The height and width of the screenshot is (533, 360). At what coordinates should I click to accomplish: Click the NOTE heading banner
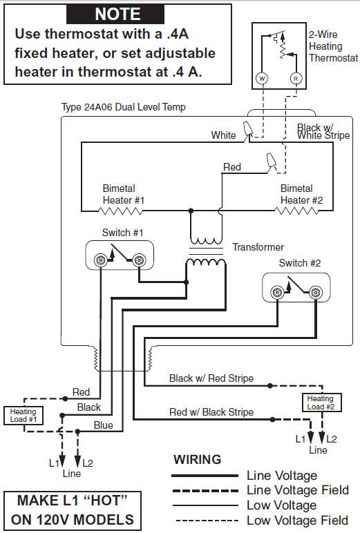[115, 14]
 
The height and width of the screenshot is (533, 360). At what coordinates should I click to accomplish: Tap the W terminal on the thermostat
[262, 79]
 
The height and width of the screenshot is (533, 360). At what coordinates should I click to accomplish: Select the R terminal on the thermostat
[296, 79]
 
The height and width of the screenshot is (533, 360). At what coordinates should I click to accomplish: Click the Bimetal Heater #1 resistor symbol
[120, 211]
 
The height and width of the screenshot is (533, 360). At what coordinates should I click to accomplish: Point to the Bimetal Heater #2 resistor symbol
[296, 211]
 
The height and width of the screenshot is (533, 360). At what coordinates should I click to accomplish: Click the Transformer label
[258, 247]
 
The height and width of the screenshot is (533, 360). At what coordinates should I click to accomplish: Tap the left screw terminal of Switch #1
[100, 260]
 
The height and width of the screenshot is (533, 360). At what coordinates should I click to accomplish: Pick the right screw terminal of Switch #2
[316, 292]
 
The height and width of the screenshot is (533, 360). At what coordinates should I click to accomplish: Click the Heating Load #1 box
[23, 415]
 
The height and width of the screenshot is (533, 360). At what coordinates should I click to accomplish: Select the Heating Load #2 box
[321, 403]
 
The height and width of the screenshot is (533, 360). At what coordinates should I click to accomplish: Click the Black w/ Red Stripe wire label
[211, 378]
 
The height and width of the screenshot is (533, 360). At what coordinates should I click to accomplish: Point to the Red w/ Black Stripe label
[211, 412]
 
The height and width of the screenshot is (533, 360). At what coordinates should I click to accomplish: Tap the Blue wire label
[104, 425]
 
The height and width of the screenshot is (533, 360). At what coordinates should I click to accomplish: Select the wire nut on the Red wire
[271, 161]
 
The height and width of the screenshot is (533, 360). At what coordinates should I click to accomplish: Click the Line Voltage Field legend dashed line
[205, 490]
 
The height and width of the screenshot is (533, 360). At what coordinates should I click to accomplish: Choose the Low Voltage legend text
[282, 505]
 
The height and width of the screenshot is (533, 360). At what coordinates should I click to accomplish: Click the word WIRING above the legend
[198, 459]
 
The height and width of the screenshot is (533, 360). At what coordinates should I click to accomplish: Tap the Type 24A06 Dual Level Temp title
[124, 107]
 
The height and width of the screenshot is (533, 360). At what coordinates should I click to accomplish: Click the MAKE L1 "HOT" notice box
[73, 511]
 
